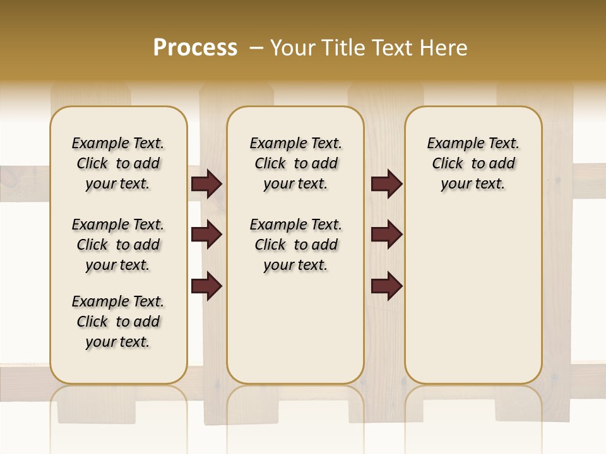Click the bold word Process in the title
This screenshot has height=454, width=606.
195,48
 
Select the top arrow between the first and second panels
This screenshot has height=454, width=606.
206,184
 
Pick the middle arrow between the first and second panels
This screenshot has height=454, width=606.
206,235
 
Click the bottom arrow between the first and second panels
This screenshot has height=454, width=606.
206,286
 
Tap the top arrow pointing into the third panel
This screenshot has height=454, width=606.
386,184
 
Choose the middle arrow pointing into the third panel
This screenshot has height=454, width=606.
386,235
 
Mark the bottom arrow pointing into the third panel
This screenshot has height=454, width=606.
386,286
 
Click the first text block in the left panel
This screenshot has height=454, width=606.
118,163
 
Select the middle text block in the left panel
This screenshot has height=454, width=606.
118,245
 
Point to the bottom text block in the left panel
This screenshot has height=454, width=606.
118,322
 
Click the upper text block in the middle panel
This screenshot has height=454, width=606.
295,163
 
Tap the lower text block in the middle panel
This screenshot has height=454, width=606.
295,245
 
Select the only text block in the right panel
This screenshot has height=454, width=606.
473,163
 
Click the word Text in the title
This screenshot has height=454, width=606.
391,48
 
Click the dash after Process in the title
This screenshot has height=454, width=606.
256,48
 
